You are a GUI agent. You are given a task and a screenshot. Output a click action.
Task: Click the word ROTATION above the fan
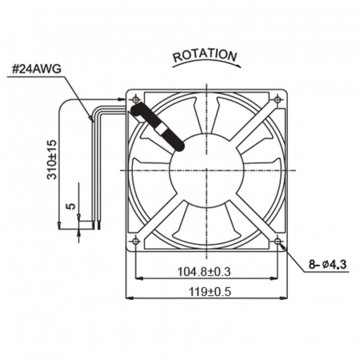point(206,56)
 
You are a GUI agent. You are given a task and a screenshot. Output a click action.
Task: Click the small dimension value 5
point(70,206)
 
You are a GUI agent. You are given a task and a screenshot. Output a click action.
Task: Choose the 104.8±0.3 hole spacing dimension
point(205,272)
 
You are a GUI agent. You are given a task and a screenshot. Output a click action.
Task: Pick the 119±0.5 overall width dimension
point(206,292)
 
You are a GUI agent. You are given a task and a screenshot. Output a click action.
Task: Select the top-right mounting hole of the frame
point(277,99)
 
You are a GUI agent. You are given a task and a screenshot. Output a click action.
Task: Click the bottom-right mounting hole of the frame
point(277,239)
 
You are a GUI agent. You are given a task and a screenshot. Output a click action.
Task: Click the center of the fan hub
point(206,170)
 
